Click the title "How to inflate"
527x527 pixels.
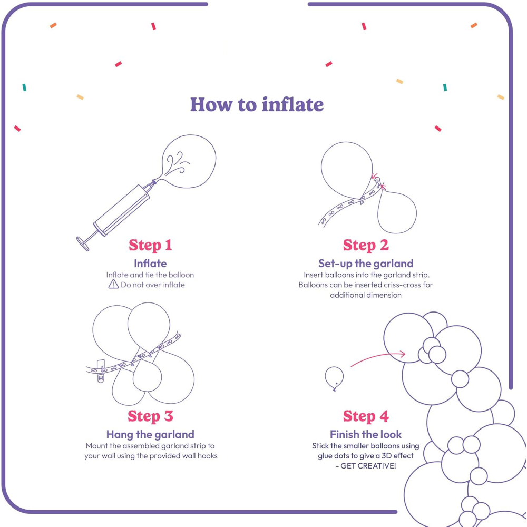(x=257, y=104)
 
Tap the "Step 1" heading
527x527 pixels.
(x=150, y=245)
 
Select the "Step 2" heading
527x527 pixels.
(x=366, y=245)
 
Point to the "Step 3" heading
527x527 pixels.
(x=150, y=416)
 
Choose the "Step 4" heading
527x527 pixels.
(x=366, y=416)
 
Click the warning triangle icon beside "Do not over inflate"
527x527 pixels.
(x=113, y=285)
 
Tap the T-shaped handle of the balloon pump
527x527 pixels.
(x=83, y=243)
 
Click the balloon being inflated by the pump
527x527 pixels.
(x=188, y=161)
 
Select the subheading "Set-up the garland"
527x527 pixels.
(x=366, y=263)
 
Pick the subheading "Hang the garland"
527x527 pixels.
(x=150, y=435)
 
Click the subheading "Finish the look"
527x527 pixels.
(x=366, y=435)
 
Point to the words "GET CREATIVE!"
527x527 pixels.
(x=368, y=466)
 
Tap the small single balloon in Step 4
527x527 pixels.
(x=334, y=378)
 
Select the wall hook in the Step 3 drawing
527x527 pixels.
(x=101, y=372)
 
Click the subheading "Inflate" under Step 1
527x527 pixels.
(x=150, y=263)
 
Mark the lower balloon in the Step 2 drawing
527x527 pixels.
(x=397, y=212)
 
